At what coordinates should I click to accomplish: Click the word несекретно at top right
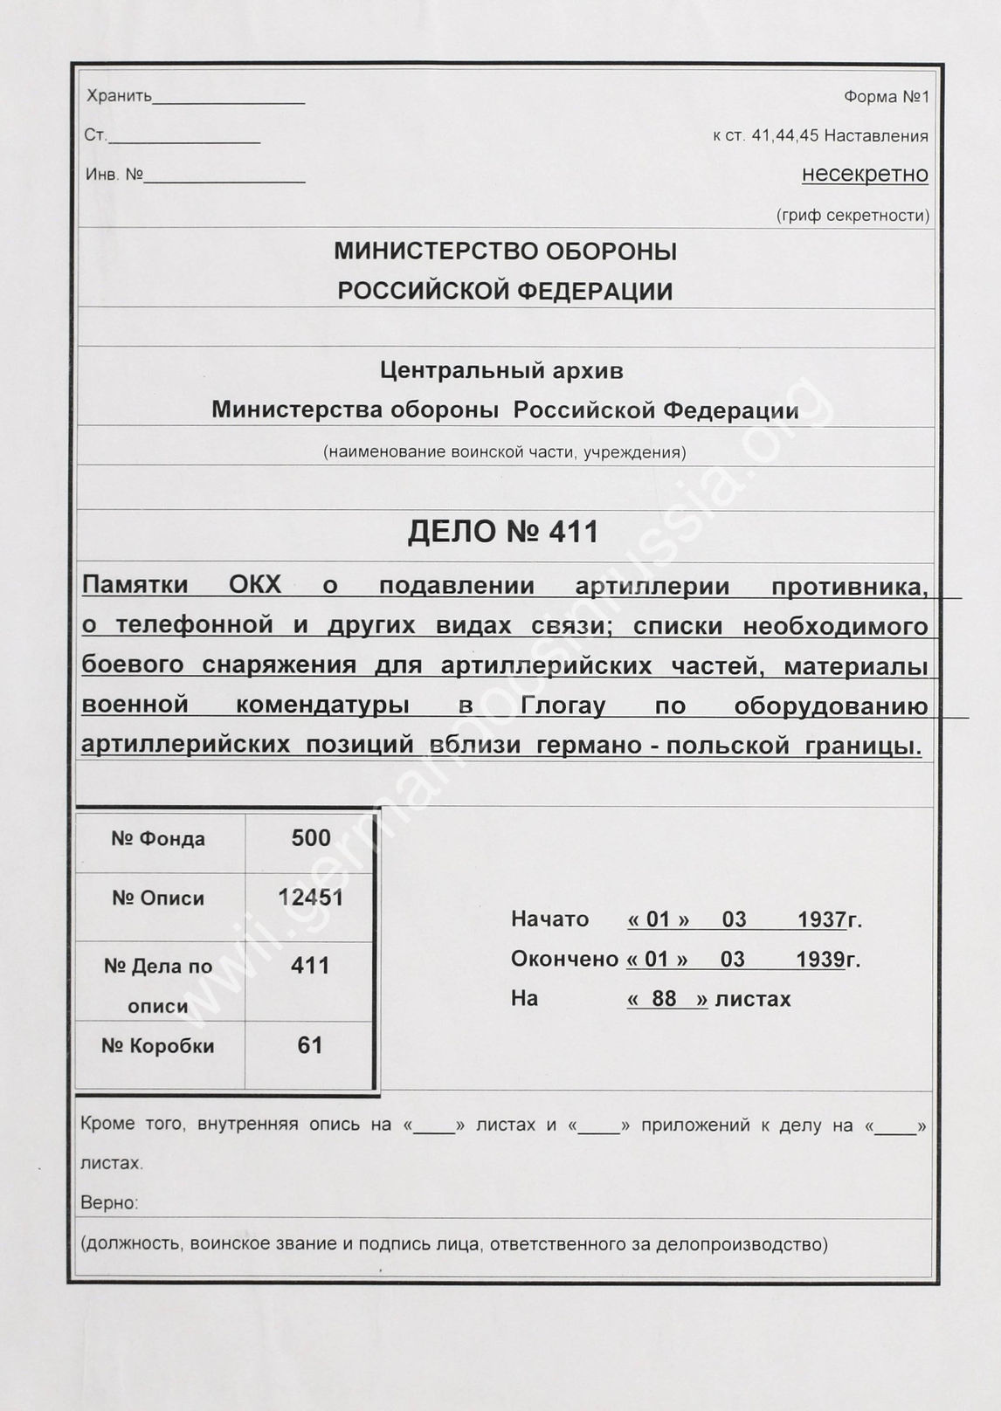[864, 174]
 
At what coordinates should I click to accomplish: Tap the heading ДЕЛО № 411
[503, 531]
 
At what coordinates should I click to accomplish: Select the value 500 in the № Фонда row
[311, 838]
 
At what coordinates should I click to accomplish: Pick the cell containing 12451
[311, 898]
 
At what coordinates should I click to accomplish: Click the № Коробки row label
[158, 1046]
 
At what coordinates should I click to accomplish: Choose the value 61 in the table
[310, 1045]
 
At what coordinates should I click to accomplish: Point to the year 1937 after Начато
[821, 919]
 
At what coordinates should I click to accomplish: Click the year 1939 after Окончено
[819, 960]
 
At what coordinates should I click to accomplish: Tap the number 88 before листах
[664, 999]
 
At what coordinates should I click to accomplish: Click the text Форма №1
[886, 97]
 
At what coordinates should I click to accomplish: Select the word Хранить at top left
[119, 96]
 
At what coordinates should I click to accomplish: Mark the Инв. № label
[114, 175]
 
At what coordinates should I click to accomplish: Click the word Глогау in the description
[563, 705]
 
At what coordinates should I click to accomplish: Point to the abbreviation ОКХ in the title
[255, 585]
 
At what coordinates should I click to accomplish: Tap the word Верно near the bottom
[109, 1203]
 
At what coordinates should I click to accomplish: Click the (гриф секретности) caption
[852, 215]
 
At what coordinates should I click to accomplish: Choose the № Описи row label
[158, 898]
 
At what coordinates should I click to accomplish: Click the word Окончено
[564, 960]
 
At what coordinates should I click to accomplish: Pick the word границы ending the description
[869, 745]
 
